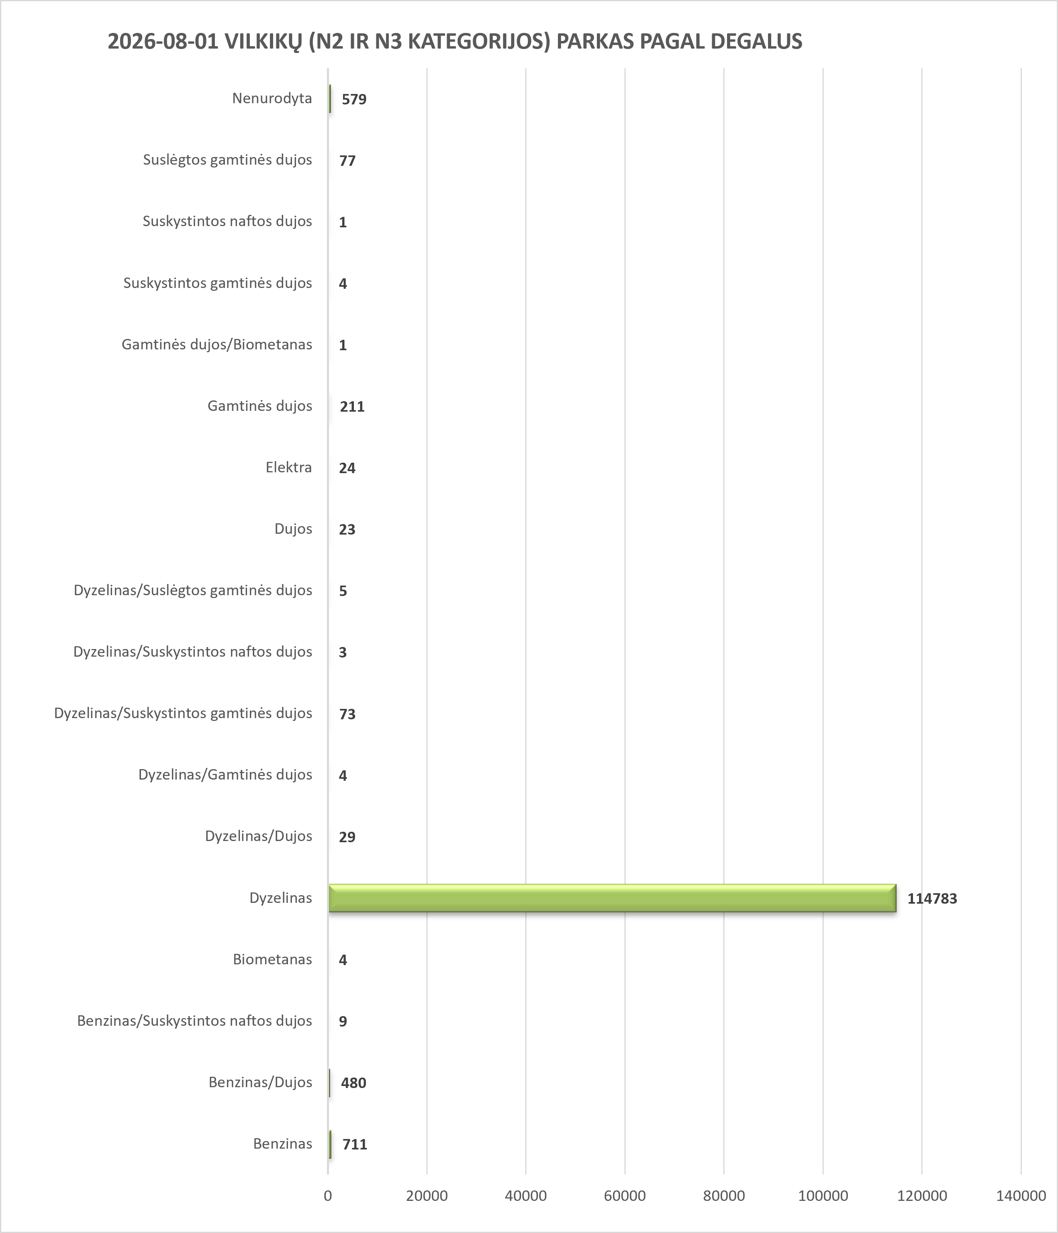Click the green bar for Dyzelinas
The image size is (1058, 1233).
tap(612, 898)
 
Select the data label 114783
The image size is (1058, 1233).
tap(932, 898)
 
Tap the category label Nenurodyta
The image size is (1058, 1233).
tap(272, 98)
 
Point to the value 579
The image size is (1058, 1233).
tap(354, 99)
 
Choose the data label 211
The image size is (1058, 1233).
tap(352, 406)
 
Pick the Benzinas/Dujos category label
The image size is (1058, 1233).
tap(260, 1082)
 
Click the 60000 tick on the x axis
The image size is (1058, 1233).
tap(625, 1196)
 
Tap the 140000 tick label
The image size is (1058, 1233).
tap(1021, 1196)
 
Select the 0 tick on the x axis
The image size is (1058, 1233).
tap(328, 1196)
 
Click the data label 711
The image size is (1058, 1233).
tap(355, 1144)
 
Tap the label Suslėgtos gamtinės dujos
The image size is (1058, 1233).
tap(227, 160)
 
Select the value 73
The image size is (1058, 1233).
tap(347, 714)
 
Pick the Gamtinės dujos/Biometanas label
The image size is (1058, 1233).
tap(217, 345)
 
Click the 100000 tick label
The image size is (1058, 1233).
tap(823, 1196)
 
